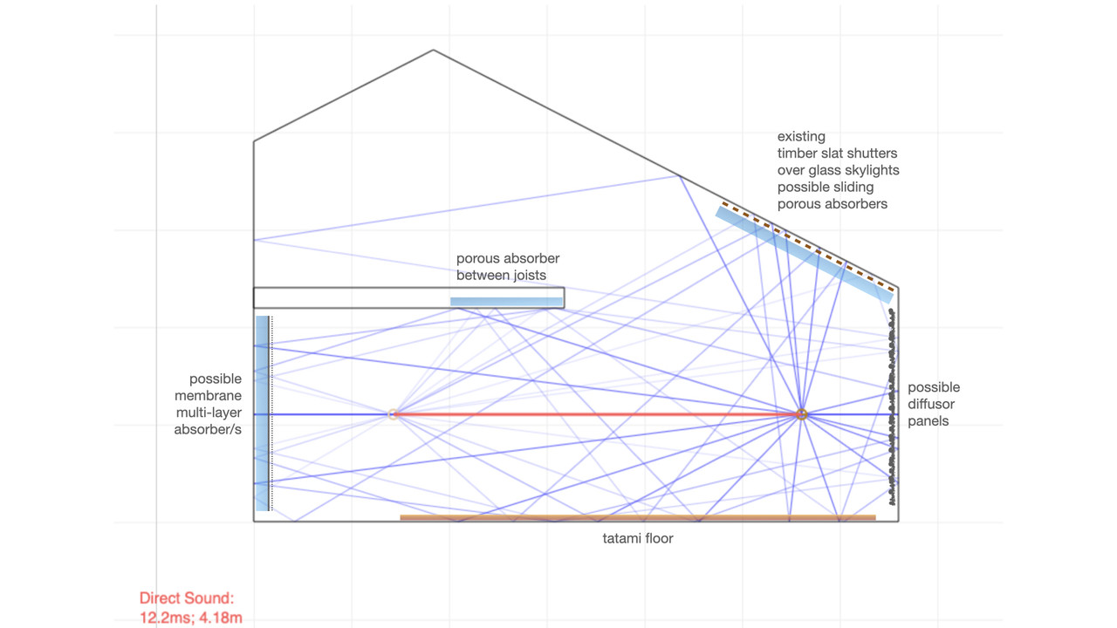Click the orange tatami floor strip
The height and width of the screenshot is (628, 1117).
(637, 518)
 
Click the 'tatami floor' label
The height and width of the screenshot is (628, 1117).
(637, 539)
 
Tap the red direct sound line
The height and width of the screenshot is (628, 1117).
(593, 414)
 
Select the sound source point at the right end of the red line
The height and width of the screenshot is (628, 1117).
(801, 414)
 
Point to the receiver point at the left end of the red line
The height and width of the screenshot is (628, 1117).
(394, 414)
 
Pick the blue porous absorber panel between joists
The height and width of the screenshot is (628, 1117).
(506, 302)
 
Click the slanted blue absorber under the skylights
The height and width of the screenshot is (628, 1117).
(803, 254)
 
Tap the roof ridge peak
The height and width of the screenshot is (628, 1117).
(433, 50)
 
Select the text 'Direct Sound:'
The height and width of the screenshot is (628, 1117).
(187, 598)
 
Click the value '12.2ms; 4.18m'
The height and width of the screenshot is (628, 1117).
(190, 618)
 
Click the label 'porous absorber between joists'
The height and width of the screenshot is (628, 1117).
(508, 267)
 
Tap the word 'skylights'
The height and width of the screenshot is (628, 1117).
(869, 170)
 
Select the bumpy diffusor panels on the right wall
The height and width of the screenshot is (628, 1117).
(892, 410)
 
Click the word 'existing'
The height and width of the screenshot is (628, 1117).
(801, 137)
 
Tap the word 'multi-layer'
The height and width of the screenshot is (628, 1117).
(209, 413)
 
